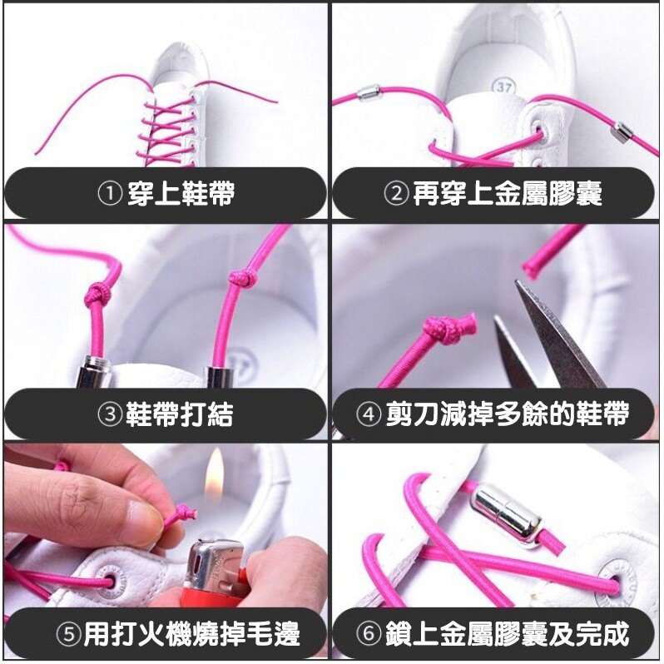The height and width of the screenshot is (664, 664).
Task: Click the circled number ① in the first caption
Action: (x=110, y=194)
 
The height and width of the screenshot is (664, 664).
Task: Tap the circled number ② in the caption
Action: (x=396, y=193)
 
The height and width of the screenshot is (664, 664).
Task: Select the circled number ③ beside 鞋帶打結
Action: (x=110, y=414)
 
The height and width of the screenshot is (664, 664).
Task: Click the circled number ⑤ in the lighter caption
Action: (x=69, y=634)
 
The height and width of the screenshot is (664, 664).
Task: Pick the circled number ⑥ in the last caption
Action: (x=369, y=634)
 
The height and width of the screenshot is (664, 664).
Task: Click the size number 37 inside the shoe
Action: (x=503, y=87)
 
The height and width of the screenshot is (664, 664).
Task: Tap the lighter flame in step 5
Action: (x=215, y=471)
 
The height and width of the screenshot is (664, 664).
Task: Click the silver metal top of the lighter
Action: (x=216, y=562)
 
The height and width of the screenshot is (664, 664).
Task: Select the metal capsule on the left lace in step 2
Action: (x=369, y=92)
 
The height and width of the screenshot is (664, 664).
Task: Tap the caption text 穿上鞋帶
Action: (x=181, y=194)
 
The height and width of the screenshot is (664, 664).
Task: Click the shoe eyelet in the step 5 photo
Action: (x=110, y=581)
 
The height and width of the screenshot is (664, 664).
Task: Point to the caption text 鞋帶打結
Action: (x=179, y=414)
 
